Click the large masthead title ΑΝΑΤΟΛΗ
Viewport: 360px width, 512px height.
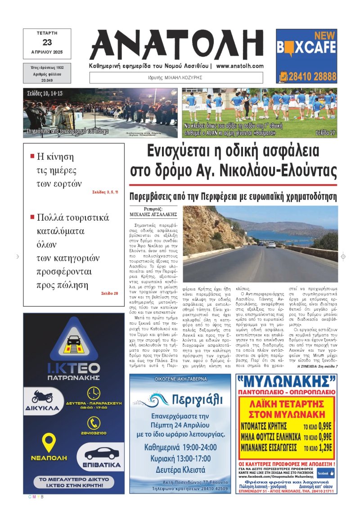pos(177,44)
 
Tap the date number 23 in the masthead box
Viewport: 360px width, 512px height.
pos(47,42)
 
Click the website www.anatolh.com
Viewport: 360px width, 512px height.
pos(239,66)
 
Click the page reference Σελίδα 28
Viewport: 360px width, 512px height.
pos(110,294)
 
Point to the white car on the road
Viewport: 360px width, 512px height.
pos(270,245)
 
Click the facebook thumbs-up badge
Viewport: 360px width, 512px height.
pos(326,473)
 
